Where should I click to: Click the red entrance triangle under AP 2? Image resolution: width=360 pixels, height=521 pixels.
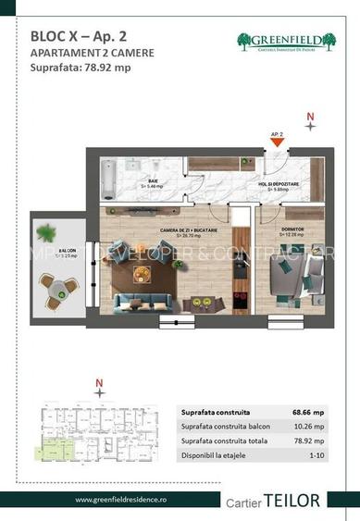(x=276, y=143)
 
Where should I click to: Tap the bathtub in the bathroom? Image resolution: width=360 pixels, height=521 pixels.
(x=110, y=180)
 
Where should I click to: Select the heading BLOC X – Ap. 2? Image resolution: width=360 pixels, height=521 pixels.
(x=72, y=35)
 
